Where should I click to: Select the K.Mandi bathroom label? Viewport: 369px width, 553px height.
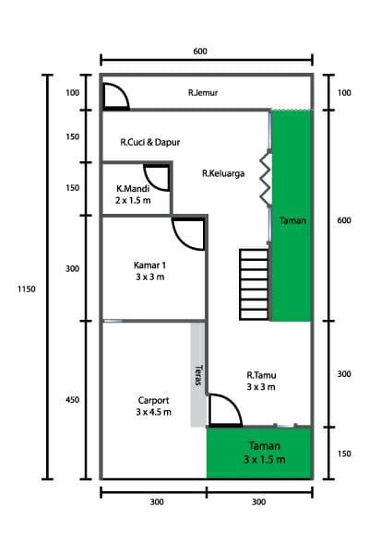point(133,194)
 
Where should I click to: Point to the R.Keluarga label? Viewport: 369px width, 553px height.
point(223,172)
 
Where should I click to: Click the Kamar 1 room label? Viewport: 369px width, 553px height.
point(149,270)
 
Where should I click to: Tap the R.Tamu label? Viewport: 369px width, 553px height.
point(261,381)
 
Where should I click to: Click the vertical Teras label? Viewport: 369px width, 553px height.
point(198,376)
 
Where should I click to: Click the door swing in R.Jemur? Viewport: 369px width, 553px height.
point(114,97)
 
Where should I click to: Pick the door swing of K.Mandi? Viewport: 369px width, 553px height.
point(157,178)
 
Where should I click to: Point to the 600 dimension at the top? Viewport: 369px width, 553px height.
point(200,51)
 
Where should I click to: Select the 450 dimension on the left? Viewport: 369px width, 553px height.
point(72,400)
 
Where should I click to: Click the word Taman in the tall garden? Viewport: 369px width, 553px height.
point(292,220)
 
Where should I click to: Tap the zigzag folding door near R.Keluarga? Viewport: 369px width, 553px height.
point(264,178)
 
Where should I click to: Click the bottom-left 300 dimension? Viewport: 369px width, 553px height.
point(156,502)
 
